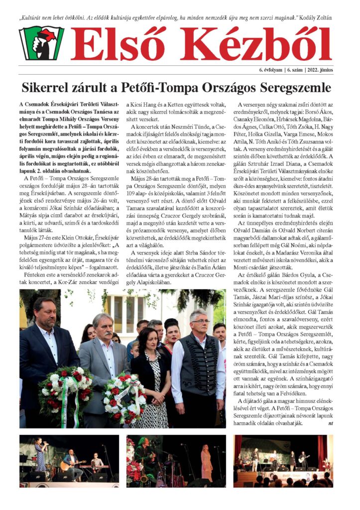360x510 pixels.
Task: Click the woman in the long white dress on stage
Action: pyautogui.click(x=206, y=463)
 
